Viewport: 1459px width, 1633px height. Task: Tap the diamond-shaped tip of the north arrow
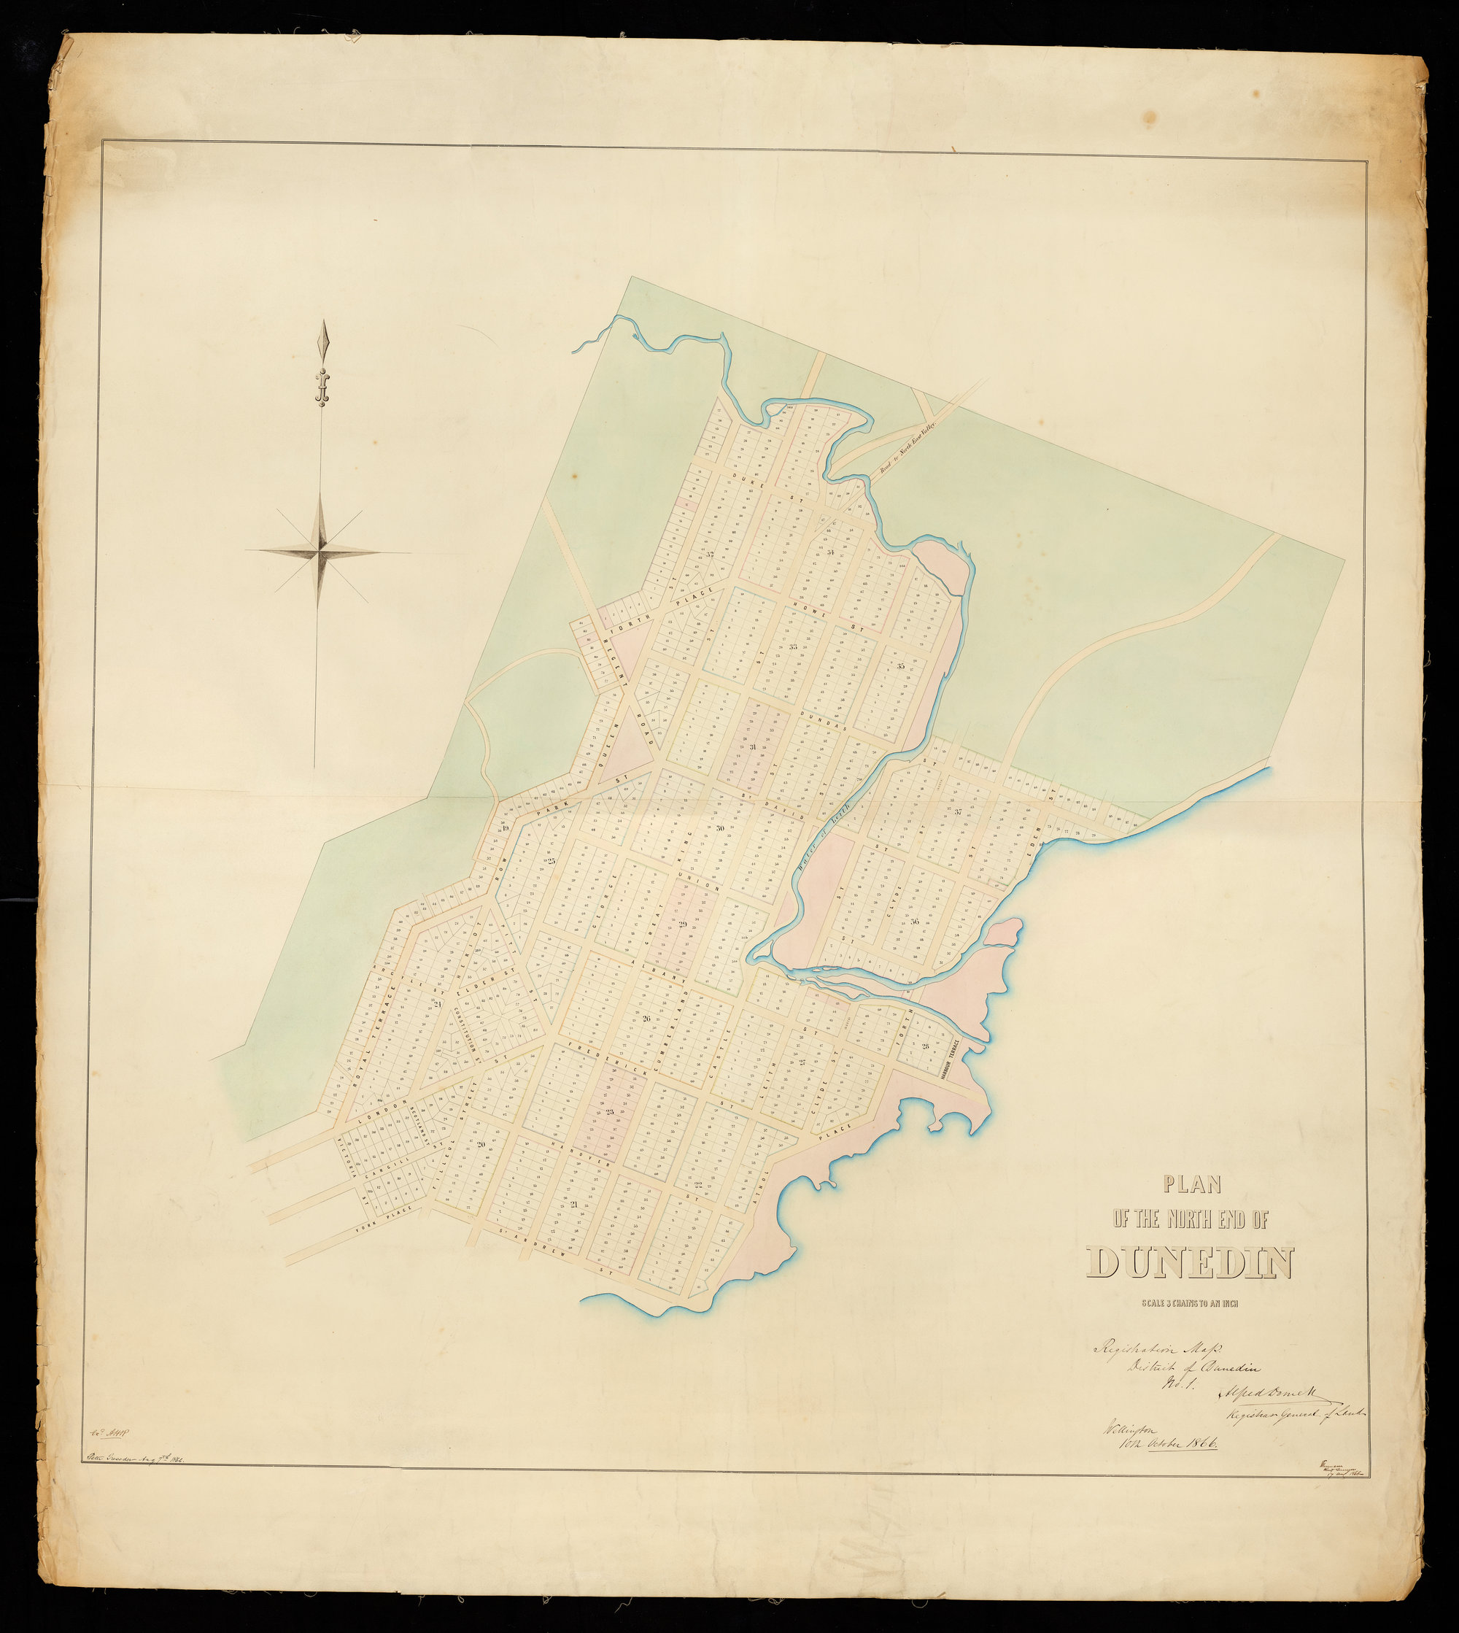click(x=324, y=341)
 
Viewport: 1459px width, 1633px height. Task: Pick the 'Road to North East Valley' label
click(x=907, y=455)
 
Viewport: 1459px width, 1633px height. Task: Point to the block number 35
click(x=900, y=666)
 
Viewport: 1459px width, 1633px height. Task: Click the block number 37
click(x=959, y=811)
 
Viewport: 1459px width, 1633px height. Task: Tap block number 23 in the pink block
click(x=609, y=1111)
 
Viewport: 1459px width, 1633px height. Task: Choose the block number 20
click(x=481, y=1144)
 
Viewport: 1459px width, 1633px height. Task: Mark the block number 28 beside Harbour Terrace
click(x=925, y=1046)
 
